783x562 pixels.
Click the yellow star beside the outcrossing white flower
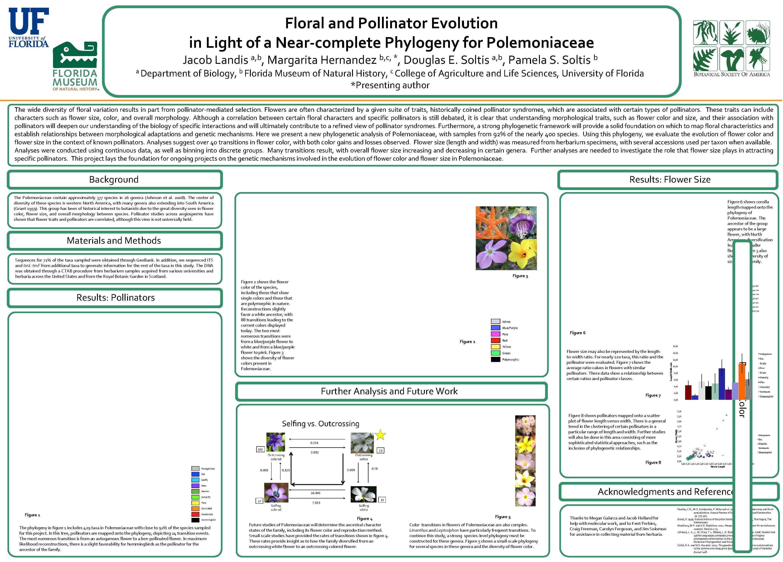(380, 435)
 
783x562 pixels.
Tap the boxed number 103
(260, 449)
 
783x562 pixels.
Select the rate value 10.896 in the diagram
(315, 493)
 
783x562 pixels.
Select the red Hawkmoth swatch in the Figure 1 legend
(195, 514)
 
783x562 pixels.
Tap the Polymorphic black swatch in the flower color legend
(495, 360)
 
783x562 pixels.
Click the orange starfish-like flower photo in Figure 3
(492, 222)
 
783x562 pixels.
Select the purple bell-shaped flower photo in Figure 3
(522, 222)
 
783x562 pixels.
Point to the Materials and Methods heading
(114, 241)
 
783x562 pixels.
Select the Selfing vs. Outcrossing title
(320, 424)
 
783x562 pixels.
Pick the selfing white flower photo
(363, 494)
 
